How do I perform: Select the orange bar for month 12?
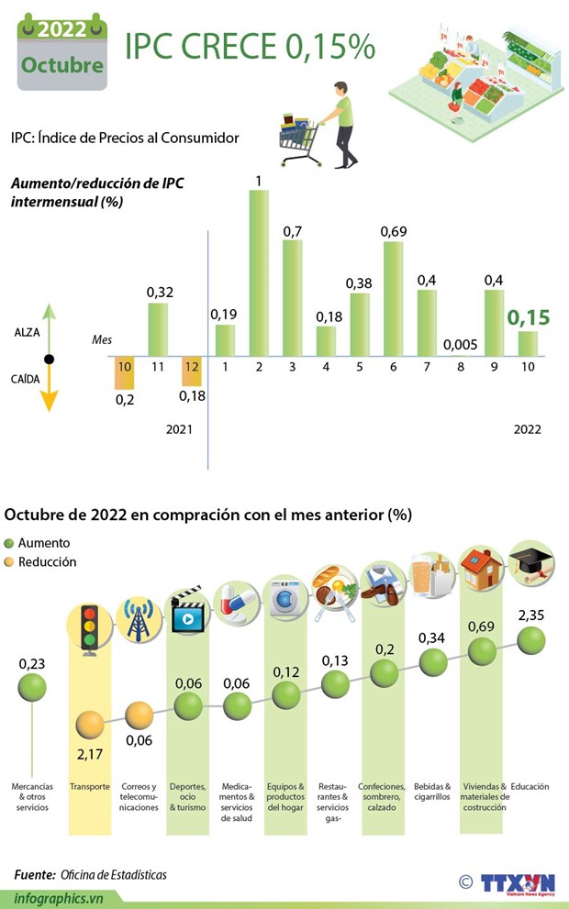pos(193,371)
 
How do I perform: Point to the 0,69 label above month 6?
pos(394,231)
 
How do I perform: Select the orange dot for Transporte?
pos(90,725)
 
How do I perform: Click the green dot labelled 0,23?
pos(32,686)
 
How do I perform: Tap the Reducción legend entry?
pos(40,562)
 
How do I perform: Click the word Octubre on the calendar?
pos(61,66)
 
